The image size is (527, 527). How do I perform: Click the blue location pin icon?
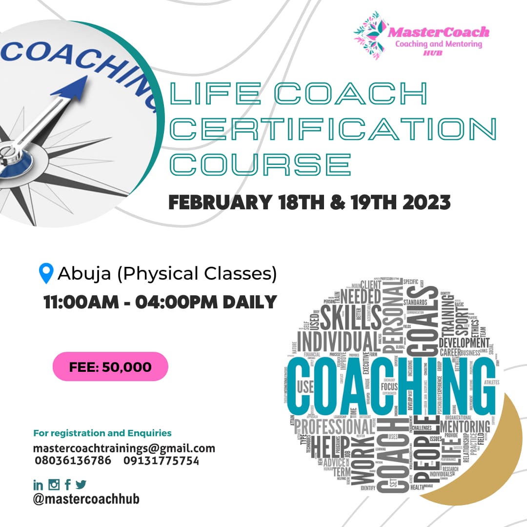click(x=46, y=273)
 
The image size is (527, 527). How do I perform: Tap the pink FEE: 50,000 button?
click(x=110, y=366)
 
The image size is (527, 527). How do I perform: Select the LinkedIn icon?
click(x=38, y=485)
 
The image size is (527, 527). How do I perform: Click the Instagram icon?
click(x=54, y=485)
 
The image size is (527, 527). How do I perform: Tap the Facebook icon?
click(x=67, y=485)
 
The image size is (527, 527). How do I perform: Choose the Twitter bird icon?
click(x=81, y=485)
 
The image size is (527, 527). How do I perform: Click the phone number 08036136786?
click(x=73, y=461)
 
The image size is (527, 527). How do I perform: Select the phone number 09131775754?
click(x=161, y=461)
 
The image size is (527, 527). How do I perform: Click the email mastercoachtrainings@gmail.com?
click(x=124, y=448)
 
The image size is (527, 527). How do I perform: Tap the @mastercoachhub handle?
click(x=86, y=499)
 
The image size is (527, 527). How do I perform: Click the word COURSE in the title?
click(x=260, y=164)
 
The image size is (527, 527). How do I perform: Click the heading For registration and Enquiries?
click(x=102, y=433)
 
